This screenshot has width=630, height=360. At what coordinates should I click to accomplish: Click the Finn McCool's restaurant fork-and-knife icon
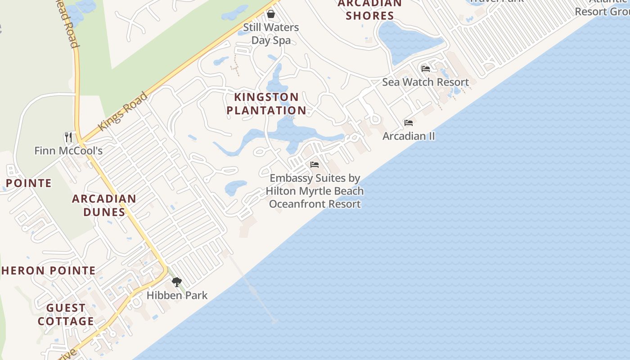pos(68,137)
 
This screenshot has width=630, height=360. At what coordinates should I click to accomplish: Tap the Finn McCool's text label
pos(68,150)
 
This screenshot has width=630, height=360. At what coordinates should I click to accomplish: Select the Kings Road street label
pos(122,112)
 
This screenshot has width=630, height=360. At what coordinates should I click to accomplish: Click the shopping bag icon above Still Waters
pos(271,14)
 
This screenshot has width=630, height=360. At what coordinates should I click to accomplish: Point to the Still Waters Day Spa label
pos(271,34)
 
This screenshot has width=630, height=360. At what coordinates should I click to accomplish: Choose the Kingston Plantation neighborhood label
pos(266,103)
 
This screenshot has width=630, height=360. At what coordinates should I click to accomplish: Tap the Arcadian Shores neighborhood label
pos(370,9)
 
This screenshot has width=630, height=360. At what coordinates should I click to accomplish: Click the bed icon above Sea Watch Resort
pos(426,69)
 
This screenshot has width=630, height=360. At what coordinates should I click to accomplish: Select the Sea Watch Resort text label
pos(425,82)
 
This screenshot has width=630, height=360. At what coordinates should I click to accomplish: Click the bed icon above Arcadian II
pos(409,122)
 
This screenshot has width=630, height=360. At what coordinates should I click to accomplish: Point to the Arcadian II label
pos(409,136)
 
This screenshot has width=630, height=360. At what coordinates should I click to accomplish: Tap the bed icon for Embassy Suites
pos(315,165)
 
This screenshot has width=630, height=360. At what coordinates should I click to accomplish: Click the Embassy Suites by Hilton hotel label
pos(315,191)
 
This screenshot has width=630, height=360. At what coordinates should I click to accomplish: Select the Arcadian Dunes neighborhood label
pos(104,205)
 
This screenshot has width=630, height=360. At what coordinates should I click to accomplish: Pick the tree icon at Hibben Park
pos(177,282)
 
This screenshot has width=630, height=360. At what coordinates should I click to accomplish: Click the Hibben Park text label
pos(177,295)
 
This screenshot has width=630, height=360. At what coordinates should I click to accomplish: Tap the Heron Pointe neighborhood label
pos(49,270)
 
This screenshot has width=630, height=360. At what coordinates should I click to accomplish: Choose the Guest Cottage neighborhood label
pos(66,315)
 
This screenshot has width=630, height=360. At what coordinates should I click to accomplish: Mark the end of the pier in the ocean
pos(274,321)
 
